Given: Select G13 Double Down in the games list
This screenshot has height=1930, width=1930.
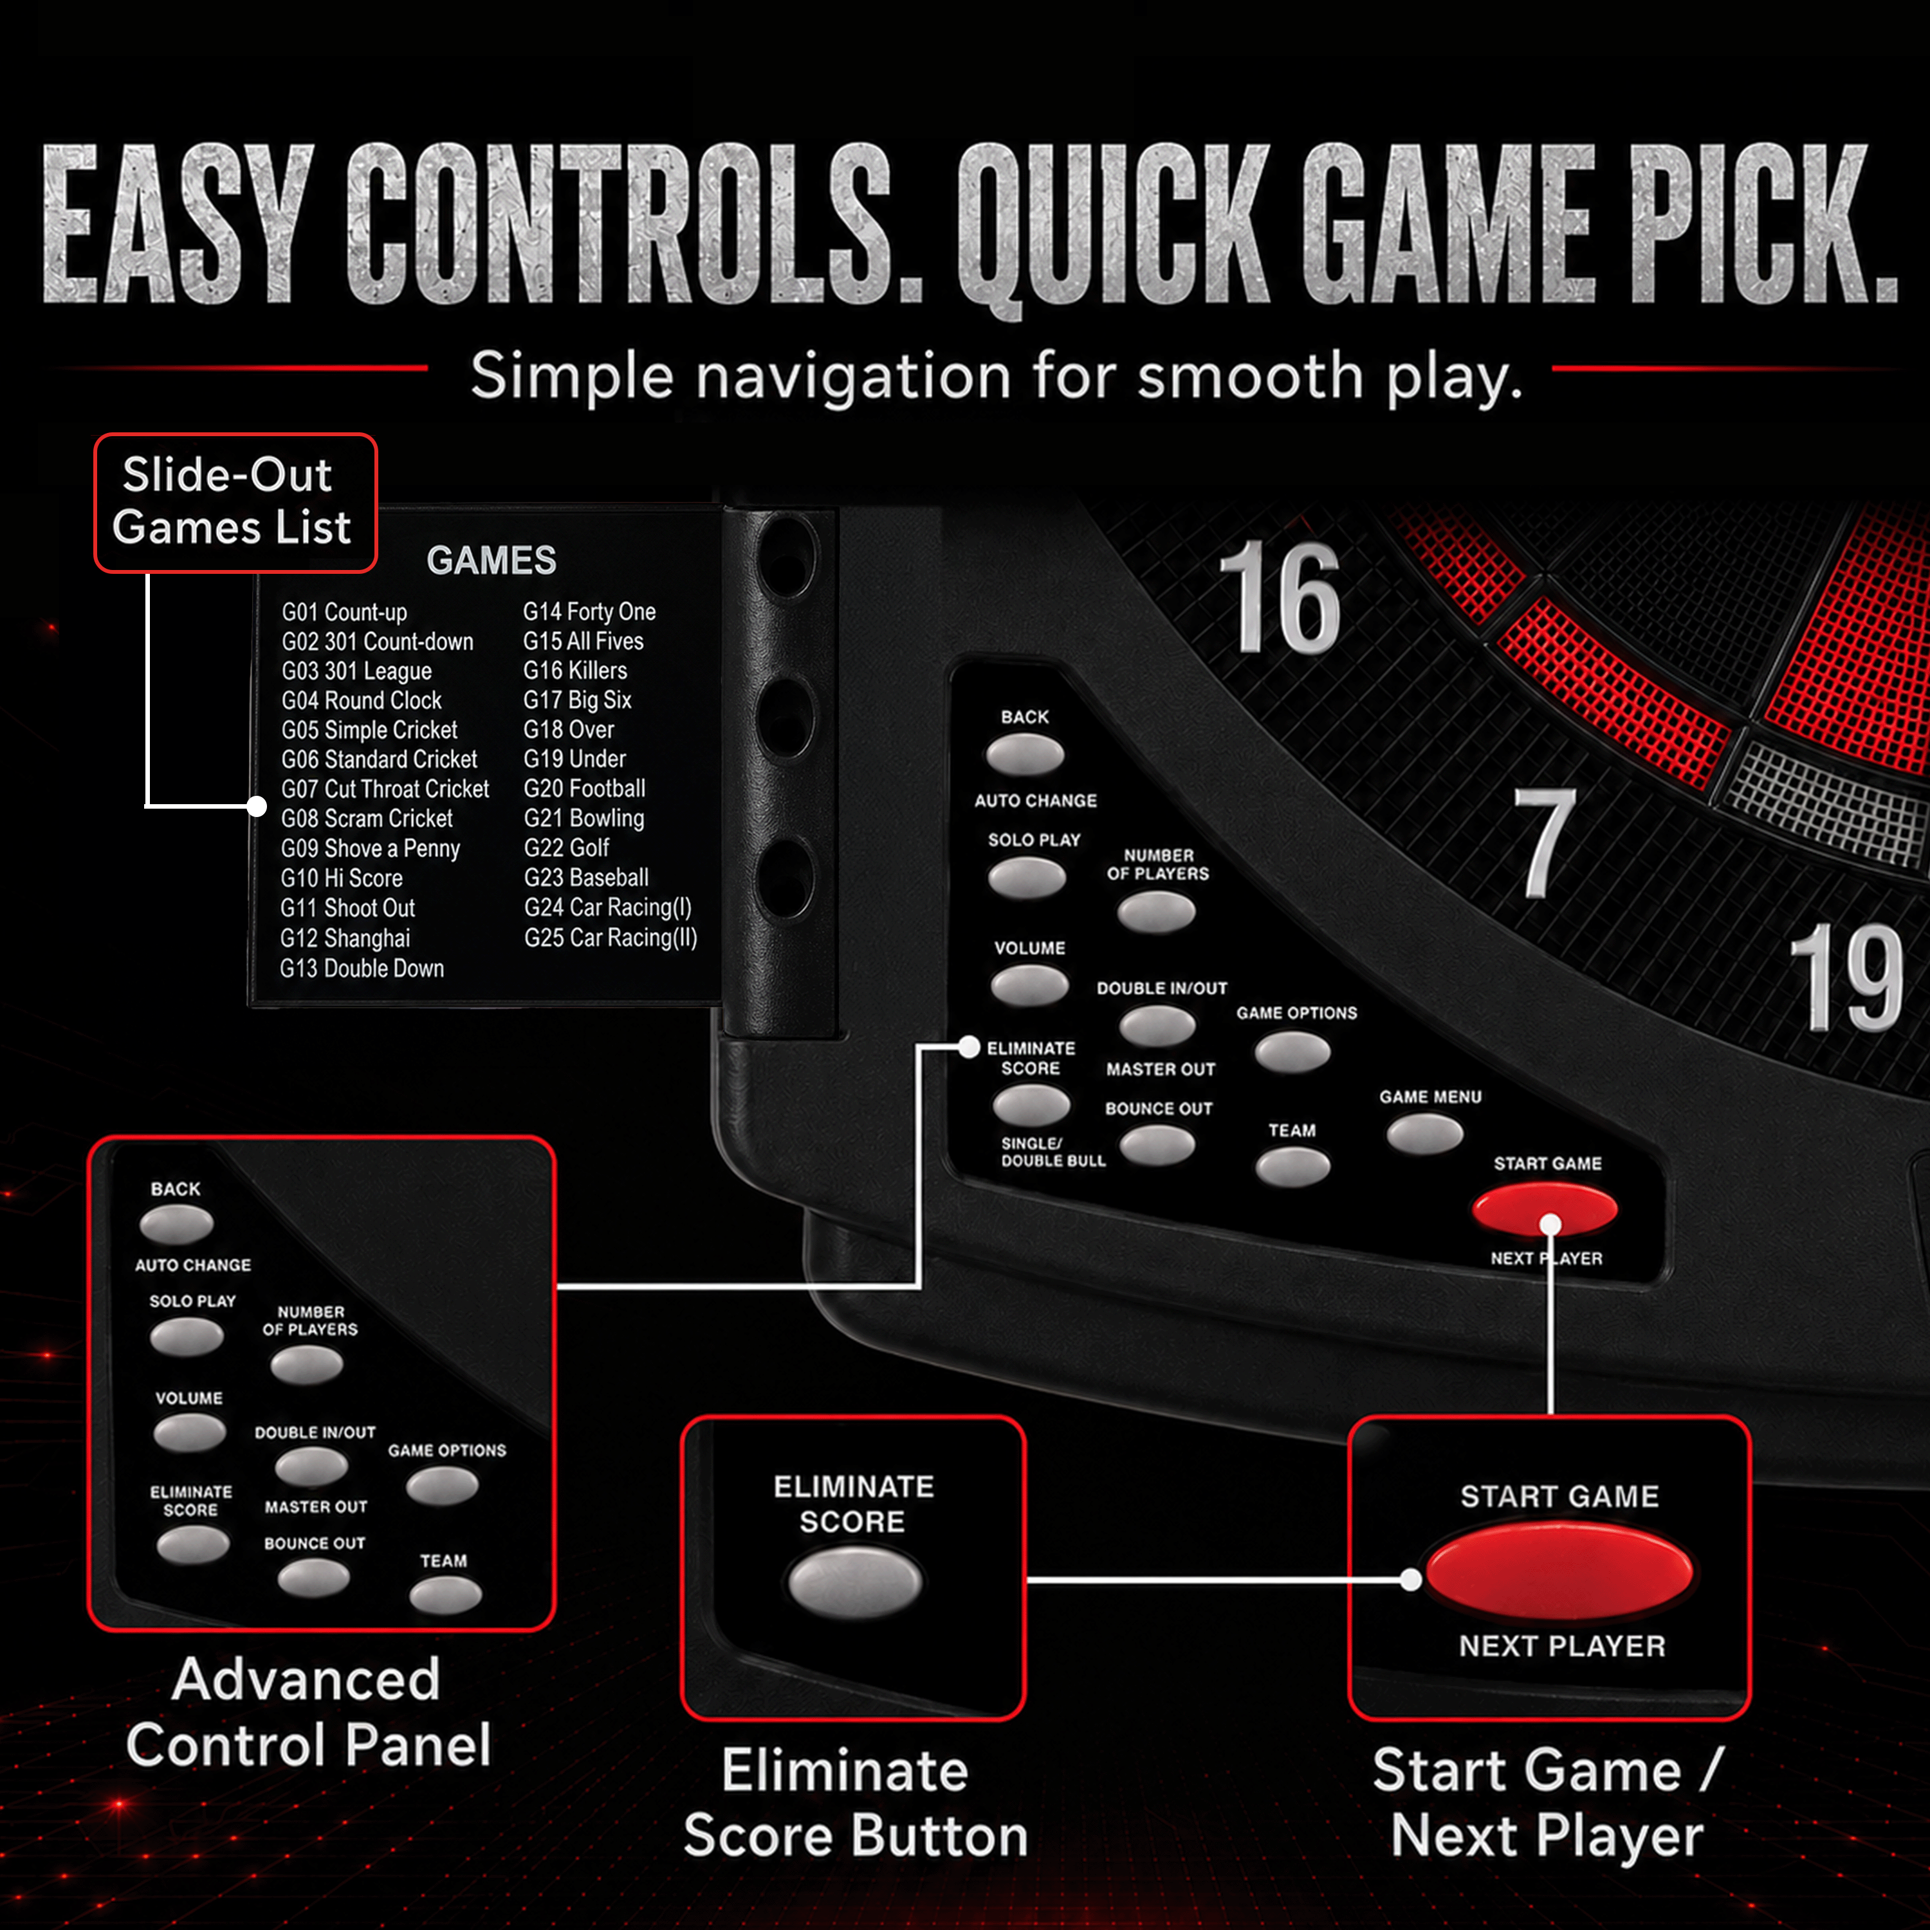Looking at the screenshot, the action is point(362,968).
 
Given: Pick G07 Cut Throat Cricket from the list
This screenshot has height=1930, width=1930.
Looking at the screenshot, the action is point(385,789).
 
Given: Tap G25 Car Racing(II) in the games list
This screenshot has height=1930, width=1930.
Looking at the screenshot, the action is point(611,937).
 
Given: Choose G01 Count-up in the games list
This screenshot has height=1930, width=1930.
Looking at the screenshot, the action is point(344,612).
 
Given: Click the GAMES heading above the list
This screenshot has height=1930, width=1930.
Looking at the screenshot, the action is point(492,560).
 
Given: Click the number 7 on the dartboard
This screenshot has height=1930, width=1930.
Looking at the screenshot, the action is point(1545,841).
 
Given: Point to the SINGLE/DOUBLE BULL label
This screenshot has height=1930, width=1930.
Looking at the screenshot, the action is point(1053,1152).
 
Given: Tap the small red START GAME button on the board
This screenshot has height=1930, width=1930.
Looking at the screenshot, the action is point(1545,1209).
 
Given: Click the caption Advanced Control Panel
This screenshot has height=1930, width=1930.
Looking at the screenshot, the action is point(308,1712).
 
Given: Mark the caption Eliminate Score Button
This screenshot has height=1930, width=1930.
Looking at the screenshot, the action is point(855,1803).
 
